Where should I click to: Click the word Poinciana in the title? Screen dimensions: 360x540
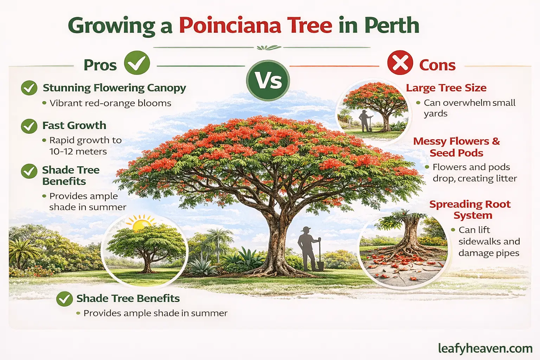coord(230,26)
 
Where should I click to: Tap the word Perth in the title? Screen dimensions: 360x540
coord(392,26)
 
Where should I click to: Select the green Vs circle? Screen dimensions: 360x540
coord(268,81)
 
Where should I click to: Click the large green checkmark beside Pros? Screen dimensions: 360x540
coord(137,63)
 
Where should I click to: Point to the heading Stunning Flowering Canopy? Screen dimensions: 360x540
coord(114,88)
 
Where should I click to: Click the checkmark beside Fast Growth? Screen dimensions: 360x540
coord(29,126)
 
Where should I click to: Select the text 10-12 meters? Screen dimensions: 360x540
coord(78,152)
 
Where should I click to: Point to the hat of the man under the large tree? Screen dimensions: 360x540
coord(306,230)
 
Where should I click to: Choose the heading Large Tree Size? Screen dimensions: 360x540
coord(446,88)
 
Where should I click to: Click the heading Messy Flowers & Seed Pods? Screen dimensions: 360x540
coord(456,147)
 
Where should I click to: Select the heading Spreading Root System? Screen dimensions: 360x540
coord(470,210)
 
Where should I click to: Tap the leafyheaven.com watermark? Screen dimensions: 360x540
coord(485,348)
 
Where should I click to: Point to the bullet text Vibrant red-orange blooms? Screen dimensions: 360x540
coord(110,103)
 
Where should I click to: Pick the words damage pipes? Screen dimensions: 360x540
coord(489,253)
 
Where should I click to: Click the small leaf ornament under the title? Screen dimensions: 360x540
coord(269,47)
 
